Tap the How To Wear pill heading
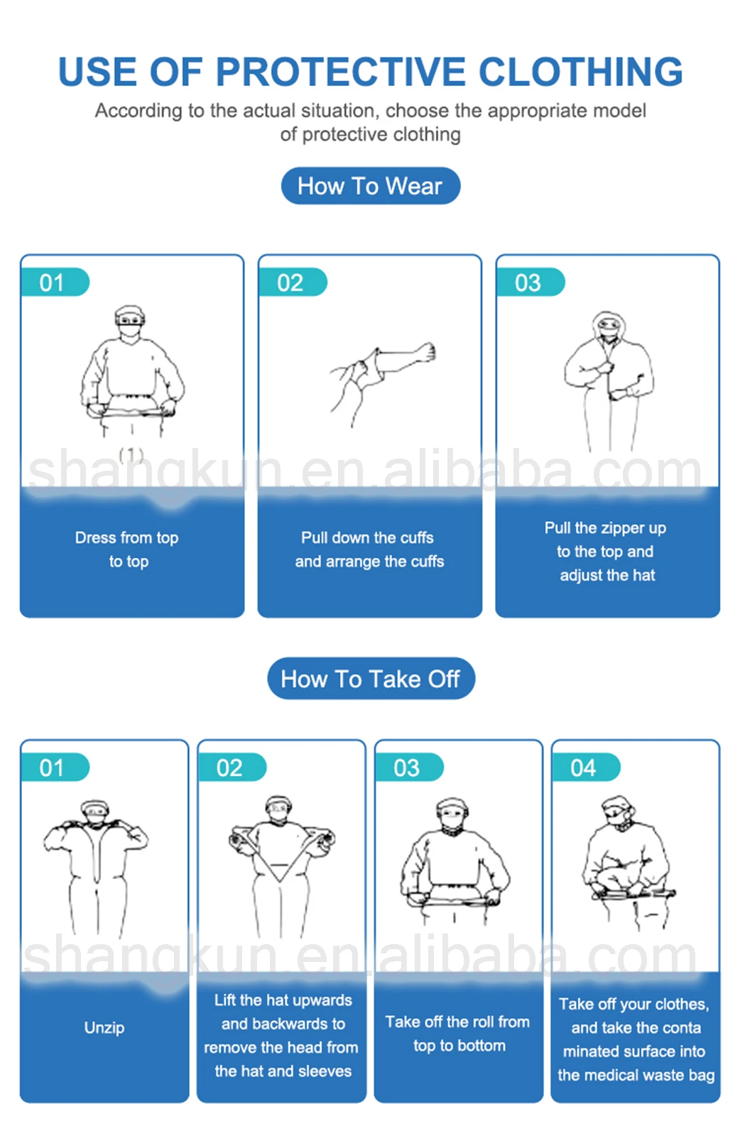pos(370,186)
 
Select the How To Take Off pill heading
pos(370,679)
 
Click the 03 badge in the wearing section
pos(528,283)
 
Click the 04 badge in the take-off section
pos(584,767)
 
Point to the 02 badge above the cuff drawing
pos(290,283)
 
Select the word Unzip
pos(104,1027)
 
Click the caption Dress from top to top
pos(127,549)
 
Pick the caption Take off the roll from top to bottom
pos(458,1033)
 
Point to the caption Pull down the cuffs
pos(367,537)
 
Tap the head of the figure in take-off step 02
pos(279,808)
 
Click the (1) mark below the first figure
pos(131,455)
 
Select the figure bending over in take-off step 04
pos(625,863)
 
